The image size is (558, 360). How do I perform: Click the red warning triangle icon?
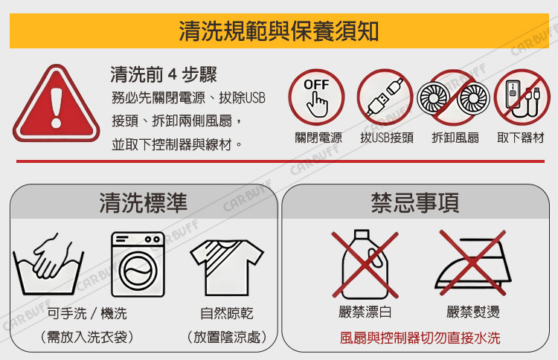(56, 103)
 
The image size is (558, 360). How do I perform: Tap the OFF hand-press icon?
(316, 97)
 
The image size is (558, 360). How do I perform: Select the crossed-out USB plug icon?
(385, 97)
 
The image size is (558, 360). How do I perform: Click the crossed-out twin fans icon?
(453, 97)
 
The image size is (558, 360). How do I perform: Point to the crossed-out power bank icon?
(522, 97)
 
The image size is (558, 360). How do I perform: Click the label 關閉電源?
(318, 138)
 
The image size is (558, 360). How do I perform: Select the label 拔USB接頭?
(387, 138)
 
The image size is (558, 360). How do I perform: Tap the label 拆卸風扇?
(455, 138)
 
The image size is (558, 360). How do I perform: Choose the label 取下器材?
(521, 138)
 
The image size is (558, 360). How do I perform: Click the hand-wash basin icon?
(48, 264)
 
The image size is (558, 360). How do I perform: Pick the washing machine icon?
(138, 264)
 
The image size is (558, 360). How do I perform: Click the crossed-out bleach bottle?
(365, 264)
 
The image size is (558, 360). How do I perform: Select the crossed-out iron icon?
(473, 263)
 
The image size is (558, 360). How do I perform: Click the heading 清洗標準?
(143, 203)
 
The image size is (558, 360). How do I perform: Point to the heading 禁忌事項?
(415, 203)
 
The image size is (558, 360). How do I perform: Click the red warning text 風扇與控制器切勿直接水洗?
(420, 338)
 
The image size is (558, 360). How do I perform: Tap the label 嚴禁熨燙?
(473, 312)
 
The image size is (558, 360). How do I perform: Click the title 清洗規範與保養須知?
(279, 31)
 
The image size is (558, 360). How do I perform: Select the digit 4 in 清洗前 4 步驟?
(173, 74)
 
